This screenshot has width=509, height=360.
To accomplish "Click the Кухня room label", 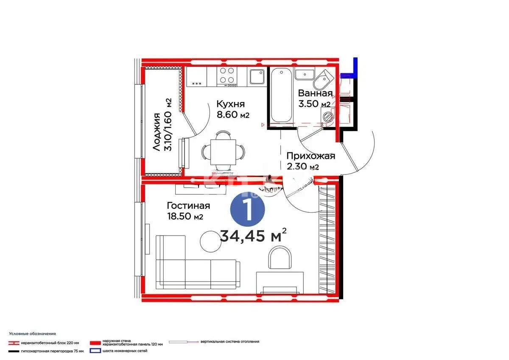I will (x=230, y=104).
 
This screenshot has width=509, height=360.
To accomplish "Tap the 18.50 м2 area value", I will (x=185, y=217).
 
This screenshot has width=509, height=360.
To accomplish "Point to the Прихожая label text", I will (x=310, y=156).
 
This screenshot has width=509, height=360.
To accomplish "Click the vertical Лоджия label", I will (x=157, y=132).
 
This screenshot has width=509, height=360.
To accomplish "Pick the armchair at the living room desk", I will (x=280, y=259).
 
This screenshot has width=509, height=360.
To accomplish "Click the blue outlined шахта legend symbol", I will (x=93, y=351).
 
